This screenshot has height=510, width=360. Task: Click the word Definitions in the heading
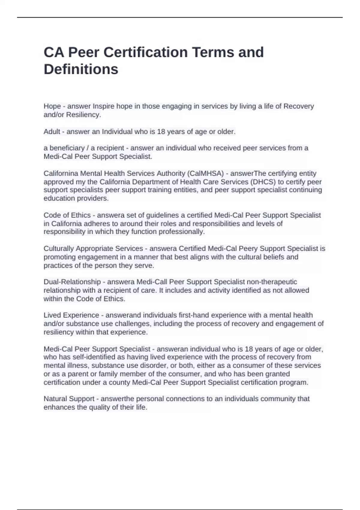coord(81,69)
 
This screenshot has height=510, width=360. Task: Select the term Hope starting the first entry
coord(52,106)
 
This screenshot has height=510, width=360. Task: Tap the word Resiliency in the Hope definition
coord(83,115)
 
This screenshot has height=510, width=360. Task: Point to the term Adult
coord(52,132)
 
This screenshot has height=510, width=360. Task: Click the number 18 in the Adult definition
coord(161,132)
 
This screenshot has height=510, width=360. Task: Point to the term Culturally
coord(59,248)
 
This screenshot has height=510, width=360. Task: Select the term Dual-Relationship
coord(72,282)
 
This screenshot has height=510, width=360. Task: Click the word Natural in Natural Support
coord(55,399)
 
